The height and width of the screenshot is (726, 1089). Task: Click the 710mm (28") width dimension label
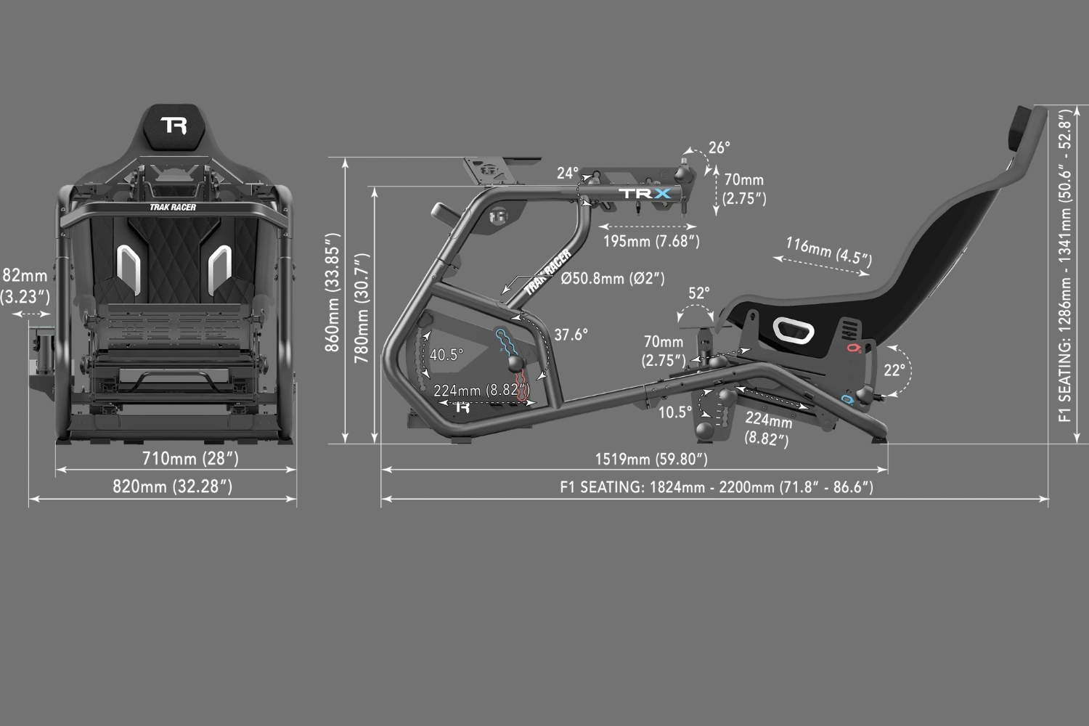(190, 458)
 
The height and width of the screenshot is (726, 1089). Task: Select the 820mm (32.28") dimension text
(173, 486)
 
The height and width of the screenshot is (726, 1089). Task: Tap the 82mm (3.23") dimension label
(25, 286)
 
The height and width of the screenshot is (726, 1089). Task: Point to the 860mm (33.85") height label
(333, 293)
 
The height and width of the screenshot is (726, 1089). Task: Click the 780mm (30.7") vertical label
(362, 309)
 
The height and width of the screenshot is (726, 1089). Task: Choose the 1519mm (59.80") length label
(651, 459)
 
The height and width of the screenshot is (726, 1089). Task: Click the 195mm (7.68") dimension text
(651, 241)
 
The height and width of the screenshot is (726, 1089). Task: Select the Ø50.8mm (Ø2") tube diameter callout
(613, 278)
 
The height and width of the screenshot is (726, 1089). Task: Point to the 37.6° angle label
(571, 335)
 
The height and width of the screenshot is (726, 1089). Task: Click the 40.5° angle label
(446, 354)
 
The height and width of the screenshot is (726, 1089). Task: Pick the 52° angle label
(698, 293)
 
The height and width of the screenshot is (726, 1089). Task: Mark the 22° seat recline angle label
(894, 370)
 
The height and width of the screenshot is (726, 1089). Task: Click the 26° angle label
(719, 147)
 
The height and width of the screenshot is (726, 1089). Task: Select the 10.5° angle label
(674, 412)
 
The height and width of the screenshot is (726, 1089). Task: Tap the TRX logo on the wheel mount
(645, 194)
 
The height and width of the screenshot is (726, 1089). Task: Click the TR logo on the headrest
(174, 125)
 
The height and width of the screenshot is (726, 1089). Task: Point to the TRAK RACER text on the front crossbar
(173, 207)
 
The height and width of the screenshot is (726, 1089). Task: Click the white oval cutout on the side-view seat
(794, 330)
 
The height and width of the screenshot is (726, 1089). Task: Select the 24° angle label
(567, 173)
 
